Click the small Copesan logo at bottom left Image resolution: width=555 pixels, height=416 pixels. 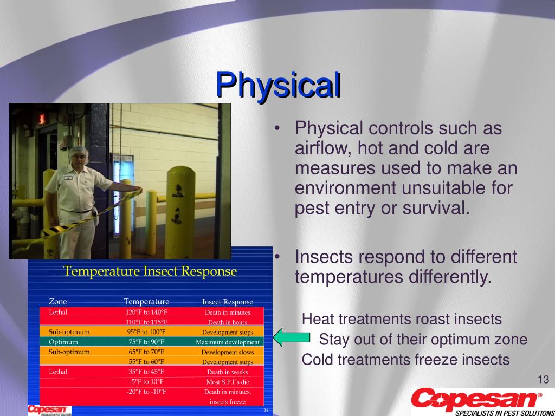pos(49,410)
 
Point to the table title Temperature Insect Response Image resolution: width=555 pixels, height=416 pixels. pos(150,271)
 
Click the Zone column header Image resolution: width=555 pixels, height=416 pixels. pos(58,302)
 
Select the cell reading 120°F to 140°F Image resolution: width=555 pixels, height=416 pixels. pos(146,312)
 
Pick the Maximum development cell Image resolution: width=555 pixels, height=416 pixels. pos(228,342)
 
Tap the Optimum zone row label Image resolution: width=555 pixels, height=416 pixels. pos(63,342)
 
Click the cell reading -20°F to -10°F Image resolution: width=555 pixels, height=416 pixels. pos(146,392)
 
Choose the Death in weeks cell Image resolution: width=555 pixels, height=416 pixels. pos(228,372)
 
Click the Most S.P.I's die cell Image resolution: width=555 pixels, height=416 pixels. pos(228,381)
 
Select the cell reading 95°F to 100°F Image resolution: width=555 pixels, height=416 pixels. pos(146,332)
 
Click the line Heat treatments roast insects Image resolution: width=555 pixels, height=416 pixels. pos(402,319)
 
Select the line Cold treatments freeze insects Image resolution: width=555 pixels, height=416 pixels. pos(405,359)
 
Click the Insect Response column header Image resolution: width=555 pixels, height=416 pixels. pos(228,302)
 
